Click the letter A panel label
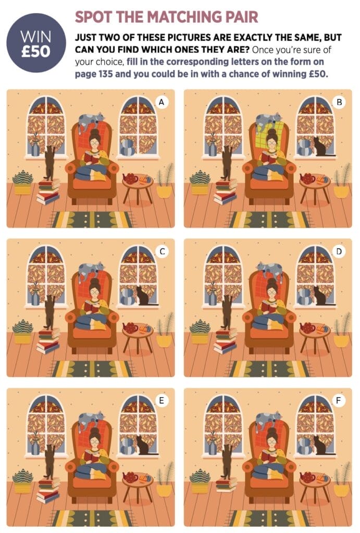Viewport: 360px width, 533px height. pos(162,102)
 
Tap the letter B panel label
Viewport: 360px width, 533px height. pos(339,102)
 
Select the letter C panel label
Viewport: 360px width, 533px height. pos(163,251)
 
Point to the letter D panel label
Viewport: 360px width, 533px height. pos(339,251)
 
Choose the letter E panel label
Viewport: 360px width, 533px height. pos(162,400)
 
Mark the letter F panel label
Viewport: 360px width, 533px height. pos(338,400)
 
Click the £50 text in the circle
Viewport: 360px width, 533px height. pos(36,52)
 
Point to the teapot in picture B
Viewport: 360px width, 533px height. pos(307,179)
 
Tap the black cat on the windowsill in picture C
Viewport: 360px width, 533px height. pos(143,296)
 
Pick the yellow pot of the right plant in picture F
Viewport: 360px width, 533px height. pos(341,489)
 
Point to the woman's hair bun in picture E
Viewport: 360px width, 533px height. pos(95,430)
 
